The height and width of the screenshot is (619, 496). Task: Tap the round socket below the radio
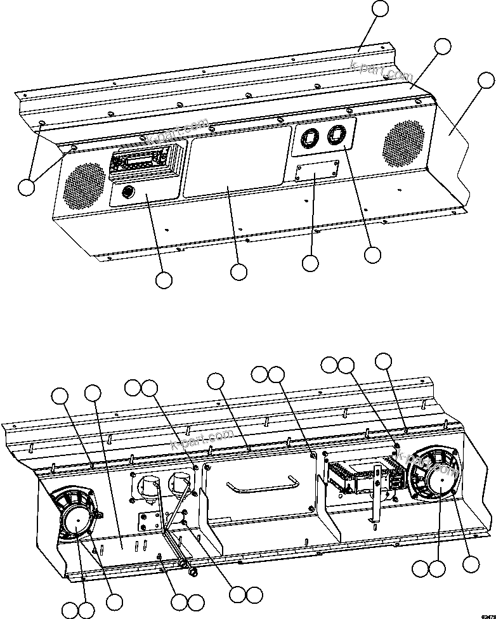click(x=127, y=191)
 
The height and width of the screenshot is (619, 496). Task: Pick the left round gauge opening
click(x=311, y=139)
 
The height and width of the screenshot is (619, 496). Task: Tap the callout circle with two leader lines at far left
click(x=26, y=188)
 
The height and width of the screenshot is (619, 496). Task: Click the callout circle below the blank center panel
click(x=238, y=271)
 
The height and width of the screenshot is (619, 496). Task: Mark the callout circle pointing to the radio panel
click(x=164, y=280)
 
